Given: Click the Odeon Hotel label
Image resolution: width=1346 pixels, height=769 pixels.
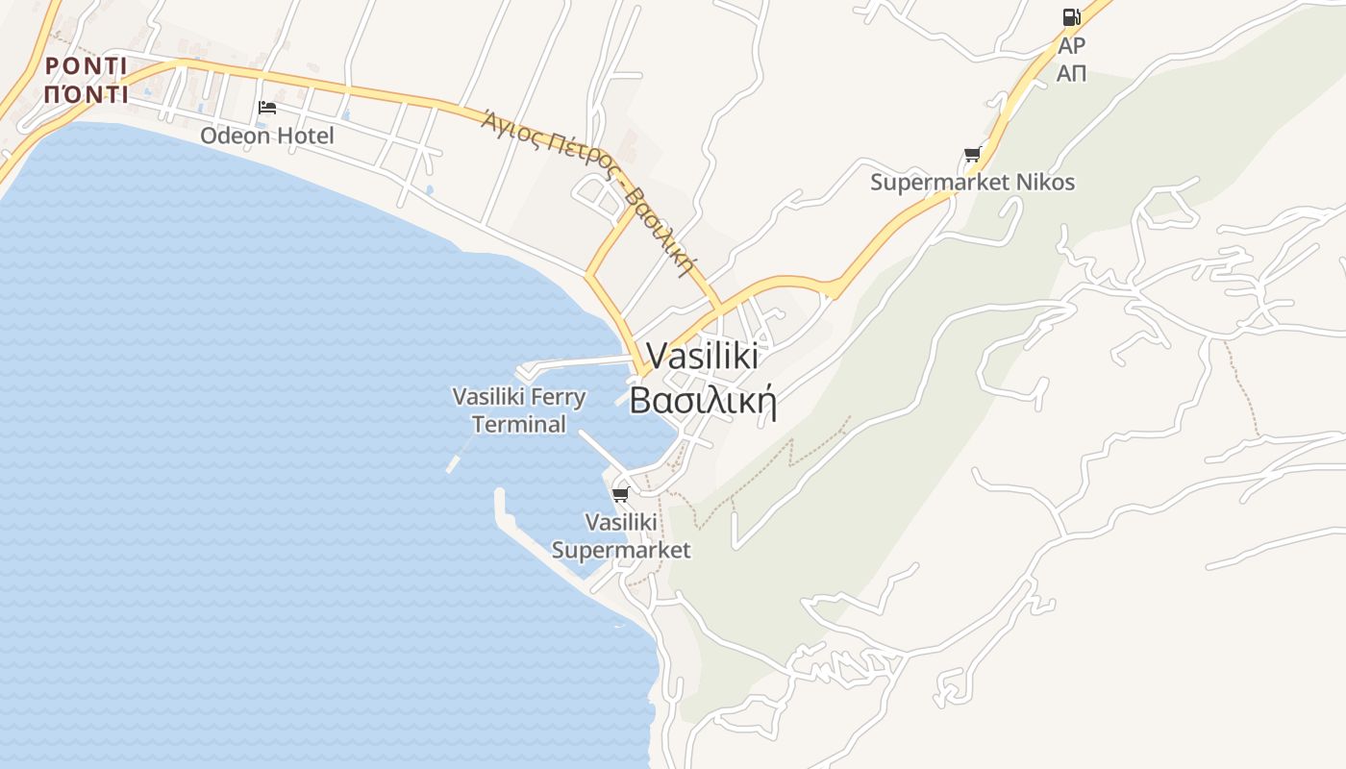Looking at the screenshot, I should point(267,136).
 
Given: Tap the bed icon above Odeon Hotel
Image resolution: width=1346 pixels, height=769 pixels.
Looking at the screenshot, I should point(267,107).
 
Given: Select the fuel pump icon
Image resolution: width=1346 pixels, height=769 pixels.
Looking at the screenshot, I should point(1071,17).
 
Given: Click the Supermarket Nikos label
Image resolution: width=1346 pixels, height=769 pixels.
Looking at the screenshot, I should point(972,182).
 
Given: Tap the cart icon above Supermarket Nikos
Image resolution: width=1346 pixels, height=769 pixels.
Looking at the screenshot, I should point(972,154).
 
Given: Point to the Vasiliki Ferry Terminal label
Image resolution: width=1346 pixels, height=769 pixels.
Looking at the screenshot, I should point(519,409).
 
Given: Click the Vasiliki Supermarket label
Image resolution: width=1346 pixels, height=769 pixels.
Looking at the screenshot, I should point(621,535).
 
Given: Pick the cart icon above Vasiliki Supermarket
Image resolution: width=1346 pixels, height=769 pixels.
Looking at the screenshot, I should point(620,494).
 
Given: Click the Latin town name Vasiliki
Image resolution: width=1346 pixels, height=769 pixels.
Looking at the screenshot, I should point(702,356).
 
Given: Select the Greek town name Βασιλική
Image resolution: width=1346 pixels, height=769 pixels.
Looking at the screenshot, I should point(702,400).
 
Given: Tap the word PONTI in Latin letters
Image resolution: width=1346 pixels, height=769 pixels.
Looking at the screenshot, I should point(87,65).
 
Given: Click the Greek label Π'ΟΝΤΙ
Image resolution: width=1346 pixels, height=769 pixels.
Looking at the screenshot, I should point(87,94).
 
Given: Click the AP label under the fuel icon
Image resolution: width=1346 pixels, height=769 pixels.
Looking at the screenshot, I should point(1071,46).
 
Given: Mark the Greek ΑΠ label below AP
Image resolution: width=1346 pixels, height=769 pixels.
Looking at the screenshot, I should point(1071,73).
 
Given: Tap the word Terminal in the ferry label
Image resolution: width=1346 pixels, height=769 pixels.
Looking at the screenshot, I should point(519,424).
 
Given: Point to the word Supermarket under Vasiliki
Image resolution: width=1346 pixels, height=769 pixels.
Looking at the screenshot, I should point(621,550).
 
